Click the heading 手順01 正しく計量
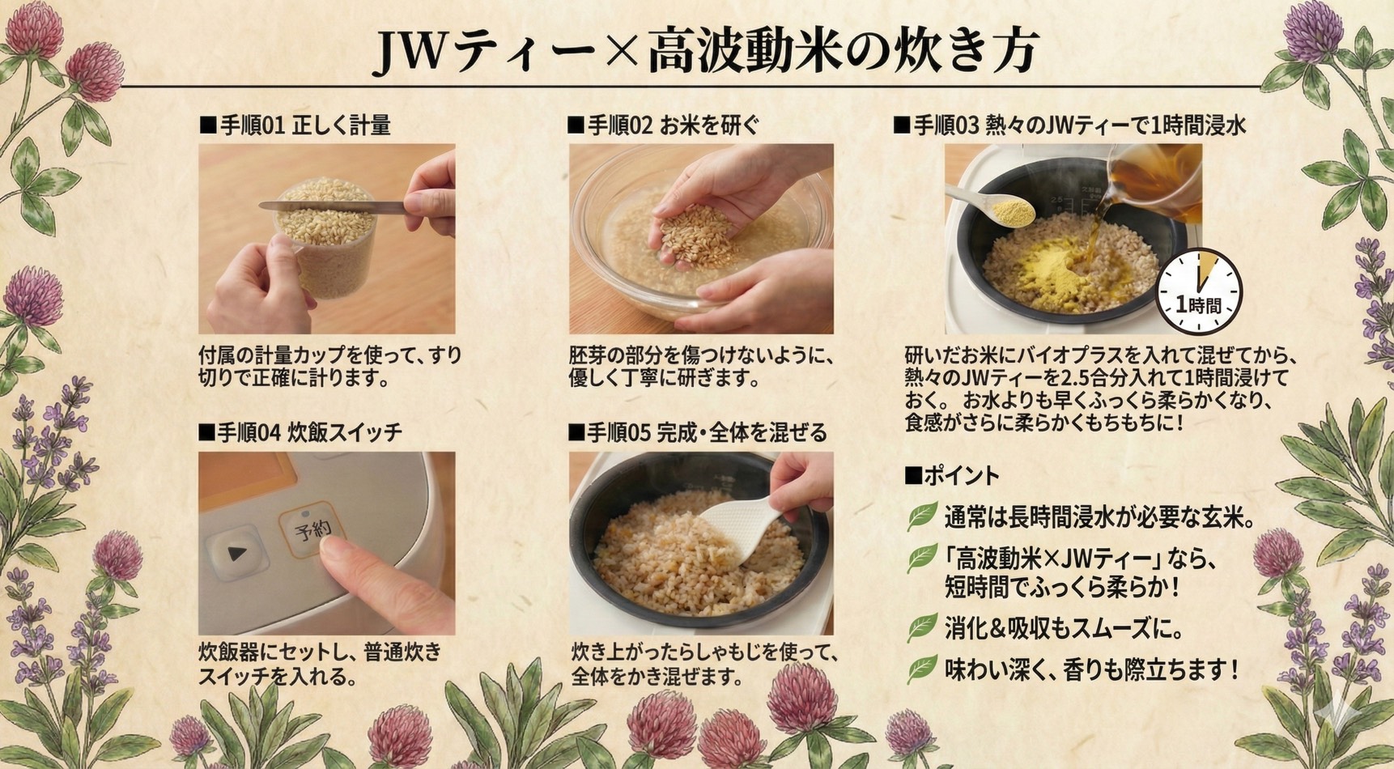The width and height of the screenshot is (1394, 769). pyautogui.click(x=295, y=125)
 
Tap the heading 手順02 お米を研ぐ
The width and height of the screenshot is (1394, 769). pyautogui.click(x=664, y=125)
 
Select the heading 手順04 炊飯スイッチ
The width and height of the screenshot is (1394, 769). pyautogui.click(x=300, y=432)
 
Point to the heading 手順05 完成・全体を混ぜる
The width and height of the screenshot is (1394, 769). pyautogui.click(x=698, y=432)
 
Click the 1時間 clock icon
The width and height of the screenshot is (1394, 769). pyautogui.click(x=1199, y=291)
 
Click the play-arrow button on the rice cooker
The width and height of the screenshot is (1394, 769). pyautogui.click(x=236, y=553)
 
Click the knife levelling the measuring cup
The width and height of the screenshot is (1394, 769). pyautogui.click(x=332, y=206)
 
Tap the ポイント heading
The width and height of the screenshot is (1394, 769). pyautogui.click(x=952, y=476)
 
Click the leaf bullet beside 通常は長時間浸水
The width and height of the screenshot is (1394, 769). pyautogui.click(x=922, y=516)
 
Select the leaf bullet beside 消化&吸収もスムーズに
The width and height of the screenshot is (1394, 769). pyautogui.click(x=922, y=627)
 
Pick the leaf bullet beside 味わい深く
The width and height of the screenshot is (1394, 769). pyautogui.click(x=922, y=669)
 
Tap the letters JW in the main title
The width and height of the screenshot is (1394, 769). pyautogui.click(x=413, y=53)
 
